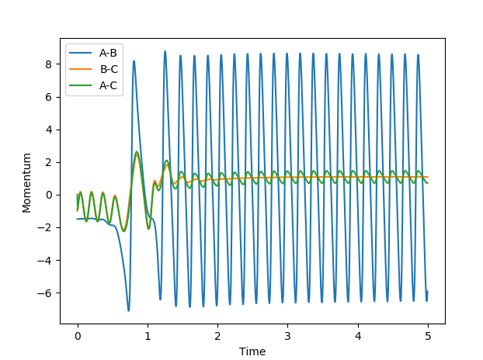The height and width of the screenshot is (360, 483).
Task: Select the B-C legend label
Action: coord(108,70)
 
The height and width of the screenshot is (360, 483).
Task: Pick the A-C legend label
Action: coord(108,85)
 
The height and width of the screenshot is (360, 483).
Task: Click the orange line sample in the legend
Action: coord(82,70)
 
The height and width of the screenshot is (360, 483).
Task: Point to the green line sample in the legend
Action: coord(82,85)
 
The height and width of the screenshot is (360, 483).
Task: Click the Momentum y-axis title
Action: coord(26,182)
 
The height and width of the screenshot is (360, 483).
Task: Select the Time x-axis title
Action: coord(252,351)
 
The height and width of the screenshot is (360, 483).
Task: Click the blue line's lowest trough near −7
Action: coord(129,310)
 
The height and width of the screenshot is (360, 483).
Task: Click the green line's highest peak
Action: coord(137,152)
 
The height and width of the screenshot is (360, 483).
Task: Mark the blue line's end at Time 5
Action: coord(427,292)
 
